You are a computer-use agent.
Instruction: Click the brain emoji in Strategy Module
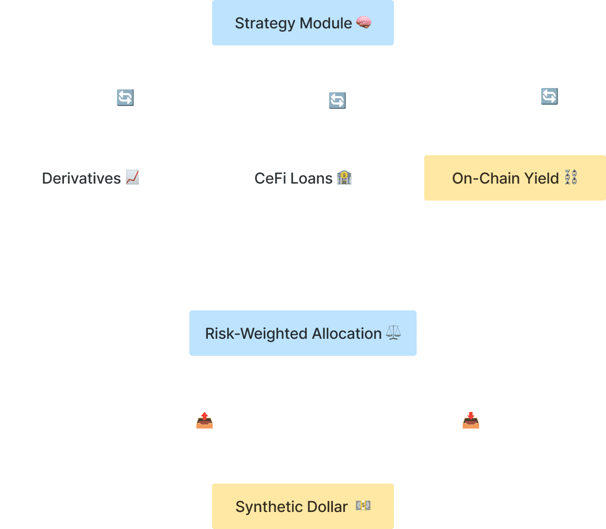tap(364, 22)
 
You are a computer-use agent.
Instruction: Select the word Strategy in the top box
tap(265, 24)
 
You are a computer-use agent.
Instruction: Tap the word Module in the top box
tap(326, 23)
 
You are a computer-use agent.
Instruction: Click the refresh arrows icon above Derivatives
tap(125, 97)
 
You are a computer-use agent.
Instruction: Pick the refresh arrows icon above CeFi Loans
tap(338, 100)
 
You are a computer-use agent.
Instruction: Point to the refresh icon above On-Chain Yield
tap(550, 96)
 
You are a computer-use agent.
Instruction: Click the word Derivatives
tap(81, 178)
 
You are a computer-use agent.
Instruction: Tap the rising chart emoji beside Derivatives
tap(133, 177)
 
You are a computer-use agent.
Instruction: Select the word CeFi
tap(270, 178)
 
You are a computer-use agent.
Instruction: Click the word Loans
tap(312, 178)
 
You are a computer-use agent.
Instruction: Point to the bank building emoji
tap(344, 177)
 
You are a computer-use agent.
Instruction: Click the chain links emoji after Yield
tap(571, 177)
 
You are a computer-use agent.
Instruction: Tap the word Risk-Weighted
tap(257, 334)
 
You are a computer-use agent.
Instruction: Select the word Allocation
tap(347, 333)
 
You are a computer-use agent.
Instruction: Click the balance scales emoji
tap(393, 333)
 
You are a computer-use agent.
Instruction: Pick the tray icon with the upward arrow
tap(205, 420)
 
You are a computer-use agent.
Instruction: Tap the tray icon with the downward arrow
tap(471, 420)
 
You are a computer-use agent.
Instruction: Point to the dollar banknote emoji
tap(363, 505)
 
